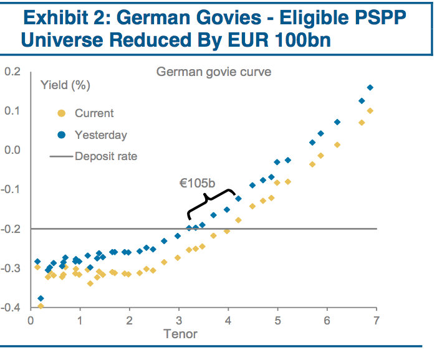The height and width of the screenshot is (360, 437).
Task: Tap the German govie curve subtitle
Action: point(214,72)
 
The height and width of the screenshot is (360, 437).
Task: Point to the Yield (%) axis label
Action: point(64,85)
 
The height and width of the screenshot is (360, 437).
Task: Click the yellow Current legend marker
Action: point(60,113)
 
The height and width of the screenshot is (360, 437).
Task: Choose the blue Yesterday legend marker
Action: point(60,135)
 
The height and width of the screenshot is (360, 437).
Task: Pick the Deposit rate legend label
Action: point(106,156)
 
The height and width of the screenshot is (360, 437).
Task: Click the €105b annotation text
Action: point(197,183)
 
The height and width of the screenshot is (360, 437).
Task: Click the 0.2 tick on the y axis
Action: point(12,72)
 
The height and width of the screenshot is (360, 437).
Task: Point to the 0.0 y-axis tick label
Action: point(12,150)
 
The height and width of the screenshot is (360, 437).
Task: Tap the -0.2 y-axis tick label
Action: point(11,229)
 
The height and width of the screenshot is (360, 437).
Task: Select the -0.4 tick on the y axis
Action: point(11,308)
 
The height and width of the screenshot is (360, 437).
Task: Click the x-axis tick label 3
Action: point(179,320)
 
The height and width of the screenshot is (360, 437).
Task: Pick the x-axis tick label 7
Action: point(376,320)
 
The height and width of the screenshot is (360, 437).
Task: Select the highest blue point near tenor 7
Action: point(370,88)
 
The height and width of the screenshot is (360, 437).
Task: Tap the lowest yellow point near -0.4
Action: point(41,306)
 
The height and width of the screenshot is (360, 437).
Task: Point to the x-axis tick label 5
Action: point(277,320)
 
